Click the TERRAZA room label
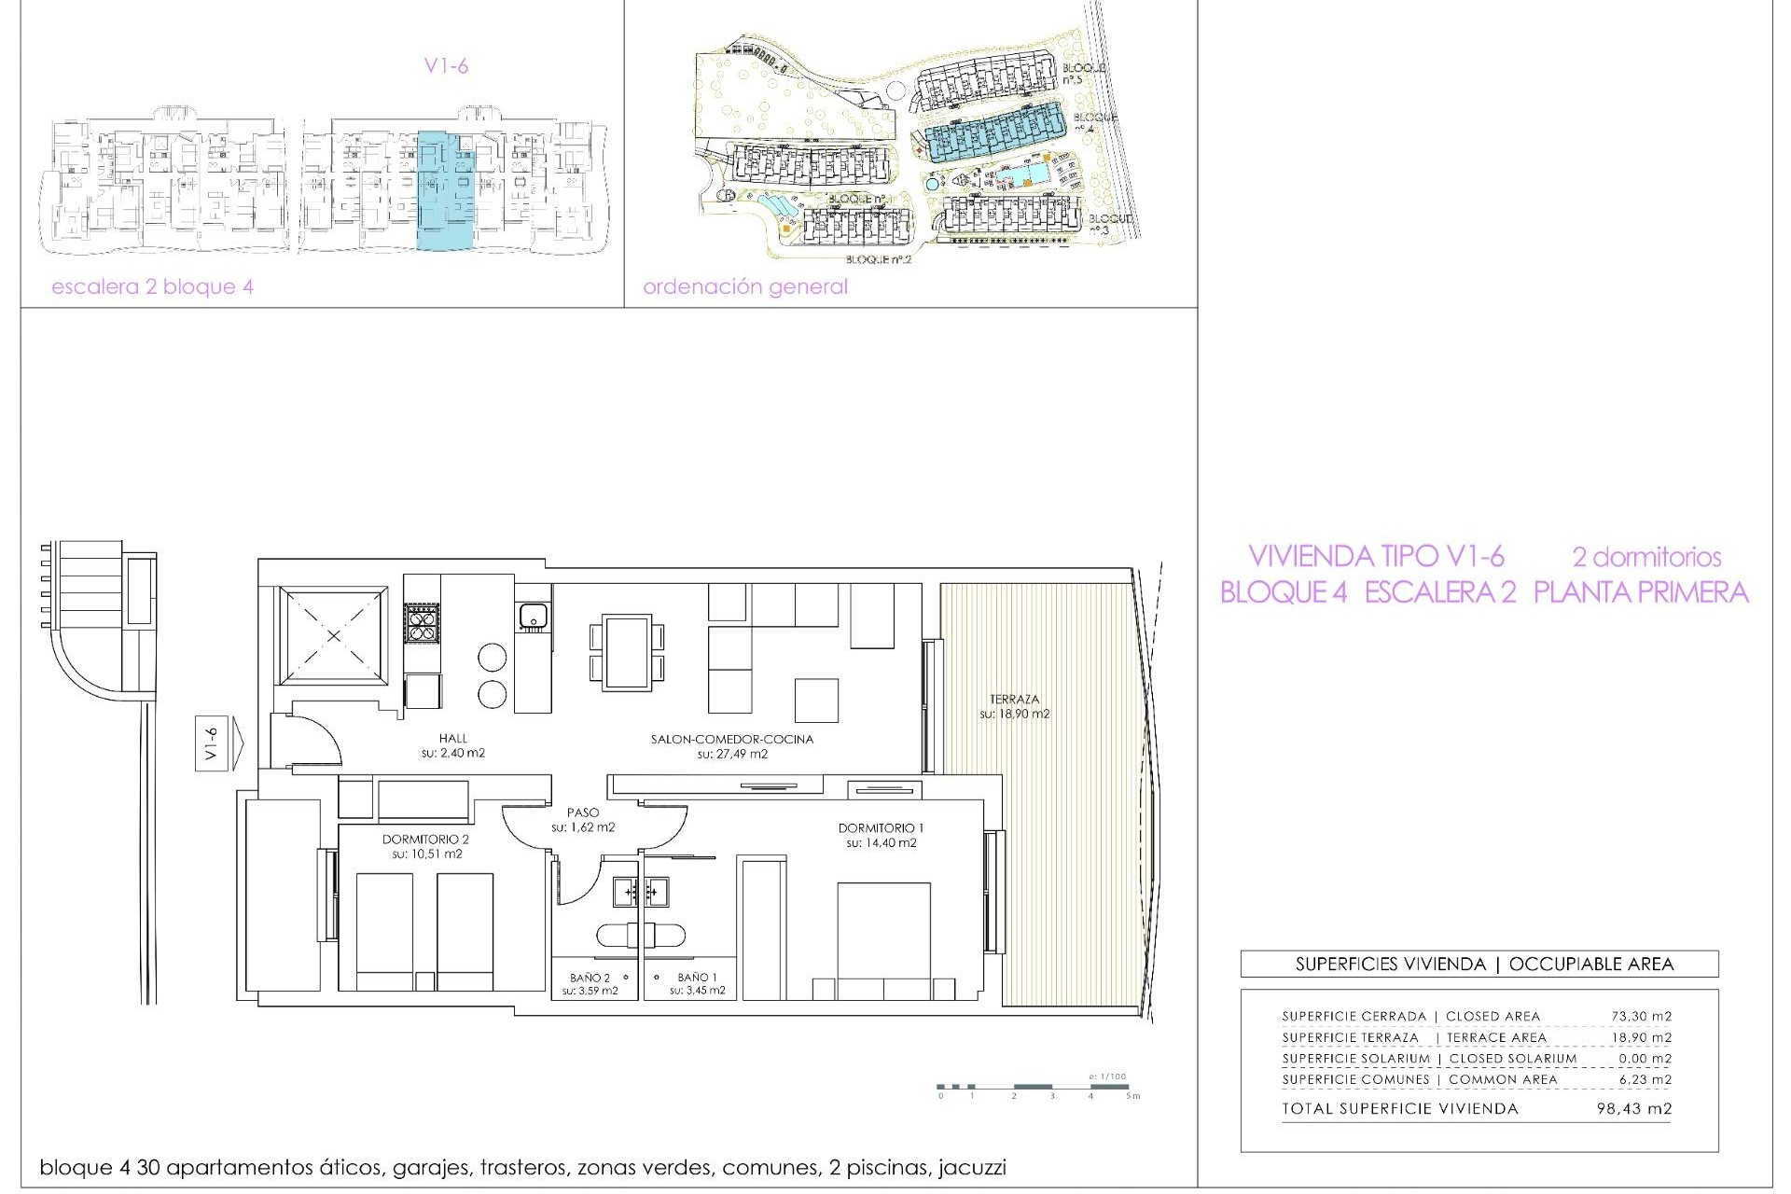tap(1014, 700)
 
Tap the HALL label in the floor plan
tap(453, 739)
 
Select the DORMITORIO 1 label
tap(881, 828)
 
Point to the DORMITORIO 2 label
tap(425, 840)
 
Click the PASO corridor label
tap(583, 813)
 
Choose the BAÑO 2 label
tap(590, 978)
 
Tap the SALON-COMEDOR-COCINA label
tap(731, 740)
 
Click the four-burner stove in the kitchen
tap(421, 622)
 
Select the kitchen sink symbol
tap(533, 617)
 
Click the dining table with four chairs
tap(627, 651)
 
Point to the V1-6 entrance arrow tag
tap(213, 744)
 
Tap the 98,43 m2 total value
tap(1634, 1109)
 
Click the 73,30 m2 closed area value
tap(1642, 1016)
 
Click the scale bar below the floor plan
tap(1035, 1087)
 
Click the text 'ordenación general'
tap(745, 287)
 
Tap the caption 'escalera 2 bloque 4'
tap(152, 287)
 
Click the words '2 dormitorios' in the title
tap(1646, 557)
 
